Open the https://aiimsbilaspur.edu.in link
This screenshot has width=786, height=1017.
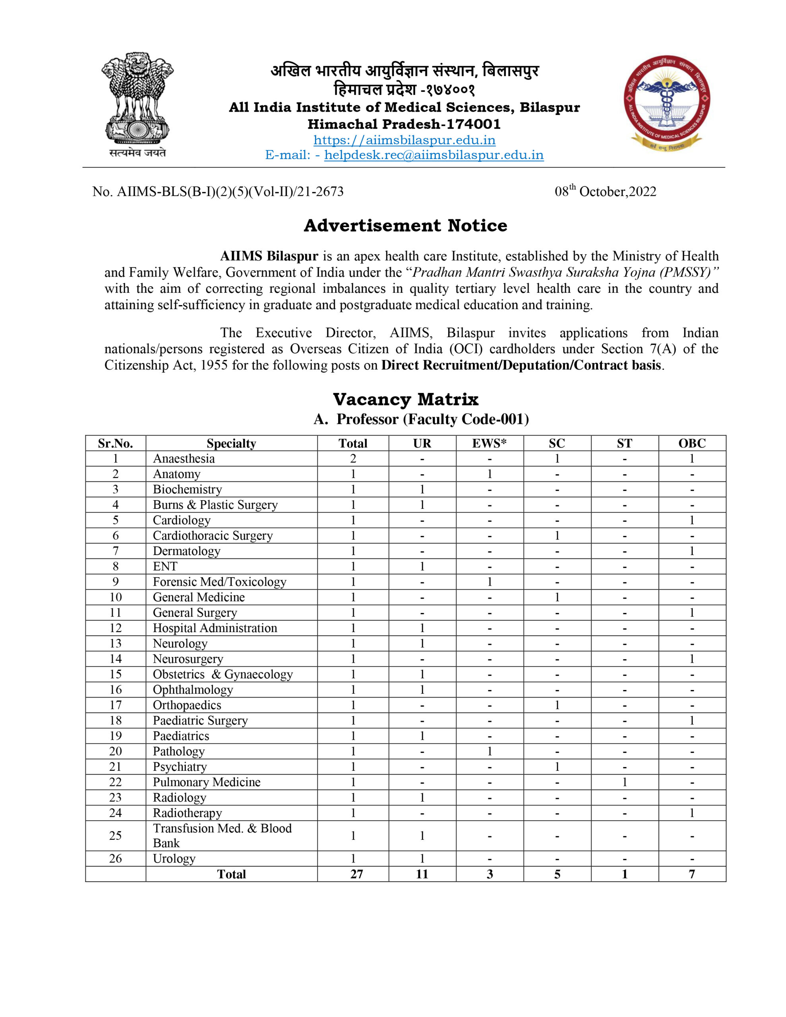pyautogui.click(x=404, y=140)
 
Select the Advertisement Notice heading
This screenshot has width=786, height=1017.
pyautogui.click(x=405, y=225)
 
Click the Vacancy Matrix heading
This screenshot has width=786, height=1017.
pyautogui.click(x=405, y=399)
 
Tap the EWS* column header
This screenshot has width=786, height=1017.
pyautogui.click(x=489, y=443)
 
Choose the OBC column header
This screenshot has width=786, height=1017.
pyautogui.click(x=692, y=443)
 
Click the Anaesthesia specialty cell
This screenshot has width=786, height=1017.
pyautogui.click(x=184, y=459)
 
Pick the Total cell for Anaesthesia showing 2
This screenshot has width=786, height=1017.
pyautogui.click(x=353, y=459)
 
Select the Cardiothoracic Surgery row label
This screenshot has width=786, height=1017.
pyautogui.click(x=213, y=536)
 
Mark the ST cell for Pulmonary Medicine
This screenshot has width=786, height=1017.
pyautogui.click(x=624, y=782)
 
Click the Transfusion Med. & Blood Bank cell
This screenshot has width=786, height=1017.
pyautogui.click(x=222, y=835)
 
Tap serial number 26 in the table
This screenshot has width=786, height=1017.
pyautogui.click(x=115, y=858)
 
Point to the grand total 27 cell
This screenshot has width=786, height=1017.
pyautogui.click(x=356, y=874)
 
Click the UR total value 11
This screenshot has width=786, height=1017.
pyautogui.click(x=422, y=874)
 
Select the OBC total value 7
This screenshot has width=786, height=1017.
pyautogui.click(x=692, y=874)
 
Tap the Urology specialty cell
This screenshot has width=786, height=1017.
pyautogui.click(x=174, y=858)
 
